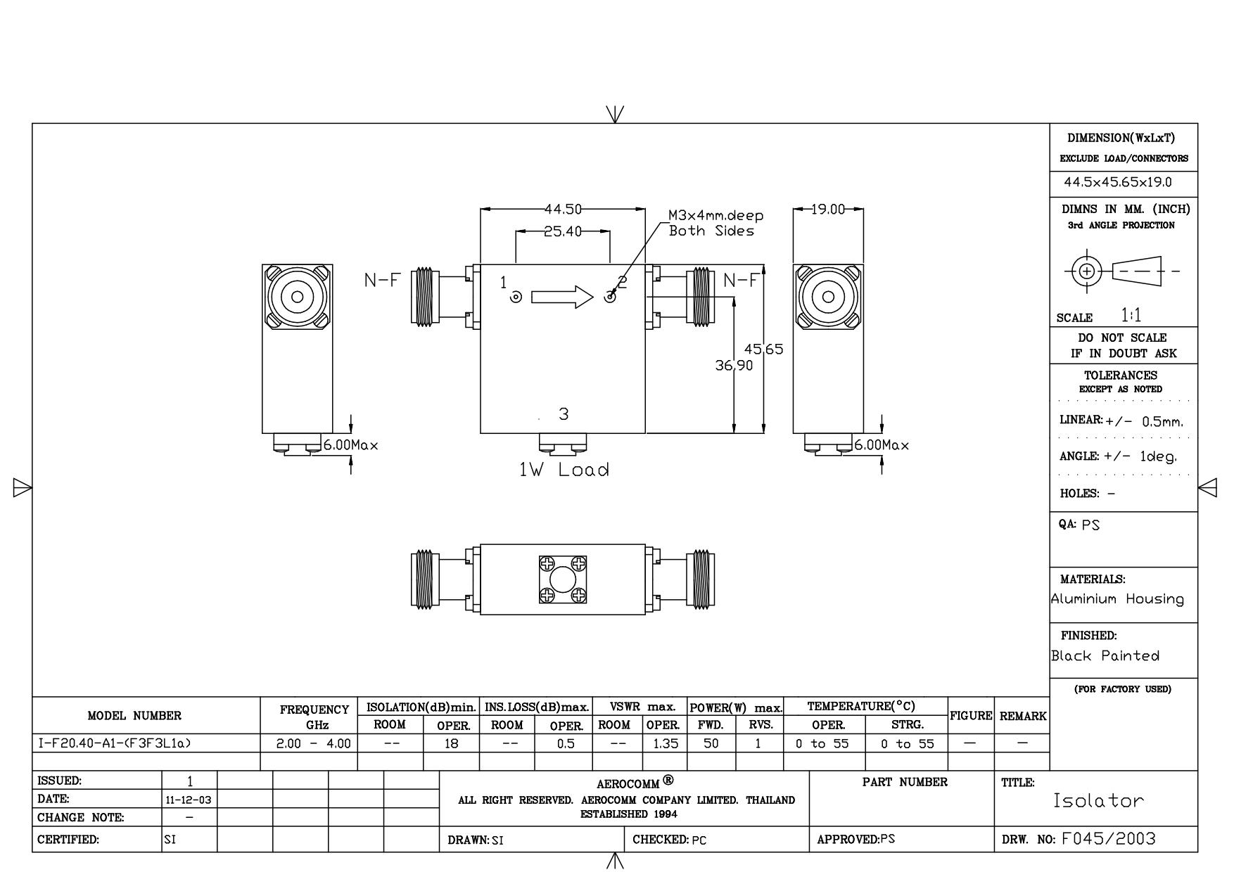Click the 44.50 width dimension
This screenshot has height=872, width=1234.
563,209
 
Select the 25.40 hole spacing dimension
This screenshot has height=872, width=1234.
563,231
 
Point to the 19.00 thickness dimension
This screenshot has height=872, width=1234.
827,209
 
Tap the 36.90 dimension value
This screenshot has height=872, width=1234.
734,365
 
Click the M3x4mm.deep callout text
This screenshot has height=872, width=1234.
715,216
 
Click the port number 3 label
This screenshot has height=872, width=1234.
564,414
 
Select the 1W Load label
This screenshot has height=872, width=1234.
564,470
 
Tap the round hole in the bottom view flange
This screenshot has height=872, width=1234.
562,580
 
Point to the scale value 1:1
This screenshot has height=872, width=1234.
1131,315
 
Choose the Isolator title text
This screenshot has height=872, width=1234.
1098,800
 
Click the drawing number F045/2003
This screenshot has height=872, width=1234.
1108,838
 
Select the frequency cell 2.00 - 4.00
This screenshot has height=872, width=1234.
313,743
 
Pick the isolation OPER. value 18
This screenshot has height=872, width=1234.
451,743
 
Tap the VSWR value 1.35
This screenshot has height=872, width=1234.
665,743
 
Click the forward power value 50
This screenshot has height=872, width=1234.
711,743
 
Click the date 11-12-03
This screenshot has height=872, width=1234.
189,800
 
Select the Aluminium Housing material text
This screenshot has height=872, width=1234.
1117,599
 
